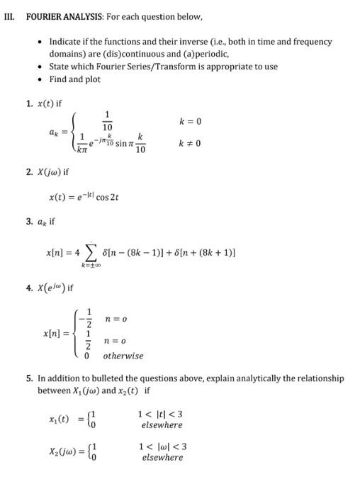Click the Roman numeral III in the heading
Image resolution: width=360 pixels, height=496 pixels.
10,13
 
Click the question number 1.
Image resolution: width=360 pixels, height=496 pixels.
29,103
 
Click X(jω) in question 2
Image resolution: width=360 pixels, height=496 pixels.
50,173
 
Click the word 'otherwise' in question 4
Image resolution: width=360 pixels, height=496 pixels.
123,356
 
